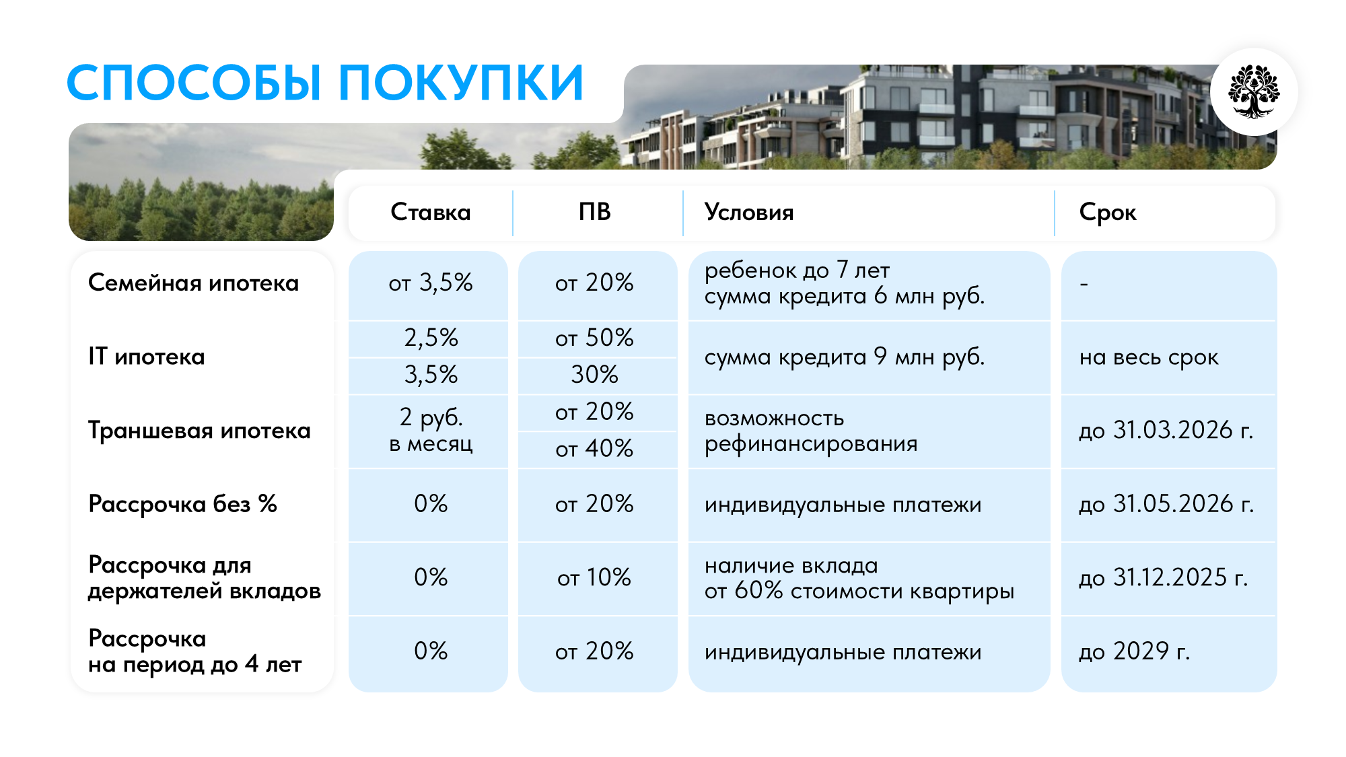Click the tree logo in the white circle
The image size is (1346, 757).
pos(1253,92)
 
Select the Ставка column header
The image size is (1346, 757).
pos(431,213)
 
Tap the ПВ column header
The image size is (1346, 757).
pos(595,213)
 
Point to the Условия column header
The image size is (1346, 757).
pos(749,213)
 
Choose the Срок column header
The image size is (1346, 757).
pos(1108,213)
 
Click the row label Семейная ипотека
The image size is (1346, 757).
pos(193,283)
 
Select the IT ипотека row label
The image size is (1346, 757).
pos(147,357)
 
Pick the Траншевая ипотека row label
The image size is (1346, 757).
pos(199,431)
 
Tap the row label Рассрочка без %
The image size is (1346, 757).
pos(182,504)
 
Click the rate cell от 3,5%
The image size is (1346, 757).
pos(431,283)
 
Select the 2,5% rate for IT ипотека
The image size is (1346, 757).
pos(431,338)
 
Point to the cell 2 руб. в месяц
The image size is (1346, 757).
pos(431,431)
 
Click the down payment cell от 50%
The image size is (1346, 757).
pos(595,338)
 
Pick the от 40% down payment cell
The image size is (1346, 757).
pos(595,449)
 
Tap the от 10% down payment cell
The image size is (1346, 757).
pos(595,578)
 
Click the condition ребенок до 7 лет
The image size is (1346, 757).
pos(797,271)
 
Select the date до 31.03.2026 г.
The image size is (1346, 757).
pos(1166,431)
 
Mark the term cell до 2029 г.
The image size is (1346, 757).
pos(1135,651)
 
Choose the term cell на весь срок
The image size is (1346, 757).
pos(1149,357)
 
